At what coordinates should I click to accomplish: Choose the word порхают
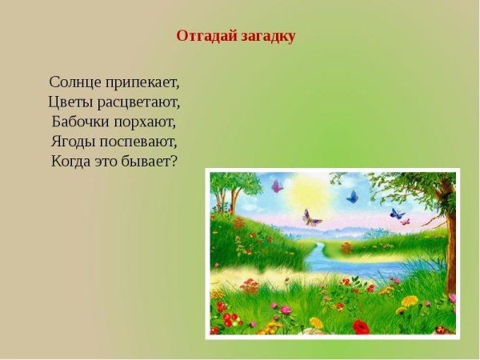click(146, 122)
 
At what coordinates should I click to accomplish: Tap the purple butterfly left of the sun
click(277, 186)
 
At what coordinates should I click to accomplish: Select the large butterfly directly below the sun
click(312, 218)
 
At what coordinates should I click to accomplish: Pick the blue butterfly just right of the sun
click(352, 196)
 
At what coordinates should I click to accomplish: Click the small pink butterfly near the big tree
click(406, 221)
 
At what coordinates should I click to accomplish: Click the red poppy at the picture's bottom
click(361, 326)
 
